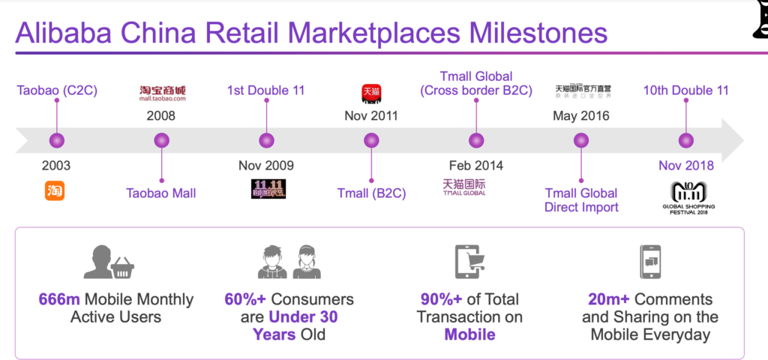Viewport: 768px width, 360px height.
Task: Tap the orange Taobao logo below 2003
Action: coord(55,191)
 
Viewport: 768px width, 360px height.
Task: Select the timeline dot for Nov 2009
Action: coord(266,140)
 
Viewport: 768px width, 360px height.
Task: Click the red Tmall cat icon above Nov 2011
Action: coord(371,93)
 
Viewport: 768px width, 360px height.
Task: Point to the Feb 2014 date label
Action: coord(476,166)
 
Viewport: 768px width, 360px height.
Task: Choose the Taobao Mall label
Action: coord(161,193)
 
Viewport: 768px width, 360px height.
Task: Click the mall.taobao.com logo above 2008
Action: coord(162,93)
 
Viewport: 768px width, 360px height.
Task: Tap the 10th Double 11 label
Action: coord(685,91)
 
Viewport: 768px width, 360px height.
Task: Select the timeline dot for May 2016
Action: coord(581,140)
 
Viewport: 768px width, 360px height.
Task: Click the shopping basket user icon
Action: coord(109,262)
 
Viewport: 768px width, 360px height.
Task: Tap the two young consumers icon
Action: coord(289,262)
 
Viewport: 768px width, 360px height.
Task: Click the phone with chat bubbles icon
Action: coord(650,262)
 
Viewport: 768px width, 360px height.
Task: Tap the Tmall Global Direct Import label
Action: coord(581,200)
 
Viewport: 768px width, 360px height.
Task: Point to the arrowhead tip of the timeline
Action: coord(742,140)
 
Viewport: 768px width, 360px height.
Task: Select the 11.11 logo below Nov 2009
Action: coord(268,189)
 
